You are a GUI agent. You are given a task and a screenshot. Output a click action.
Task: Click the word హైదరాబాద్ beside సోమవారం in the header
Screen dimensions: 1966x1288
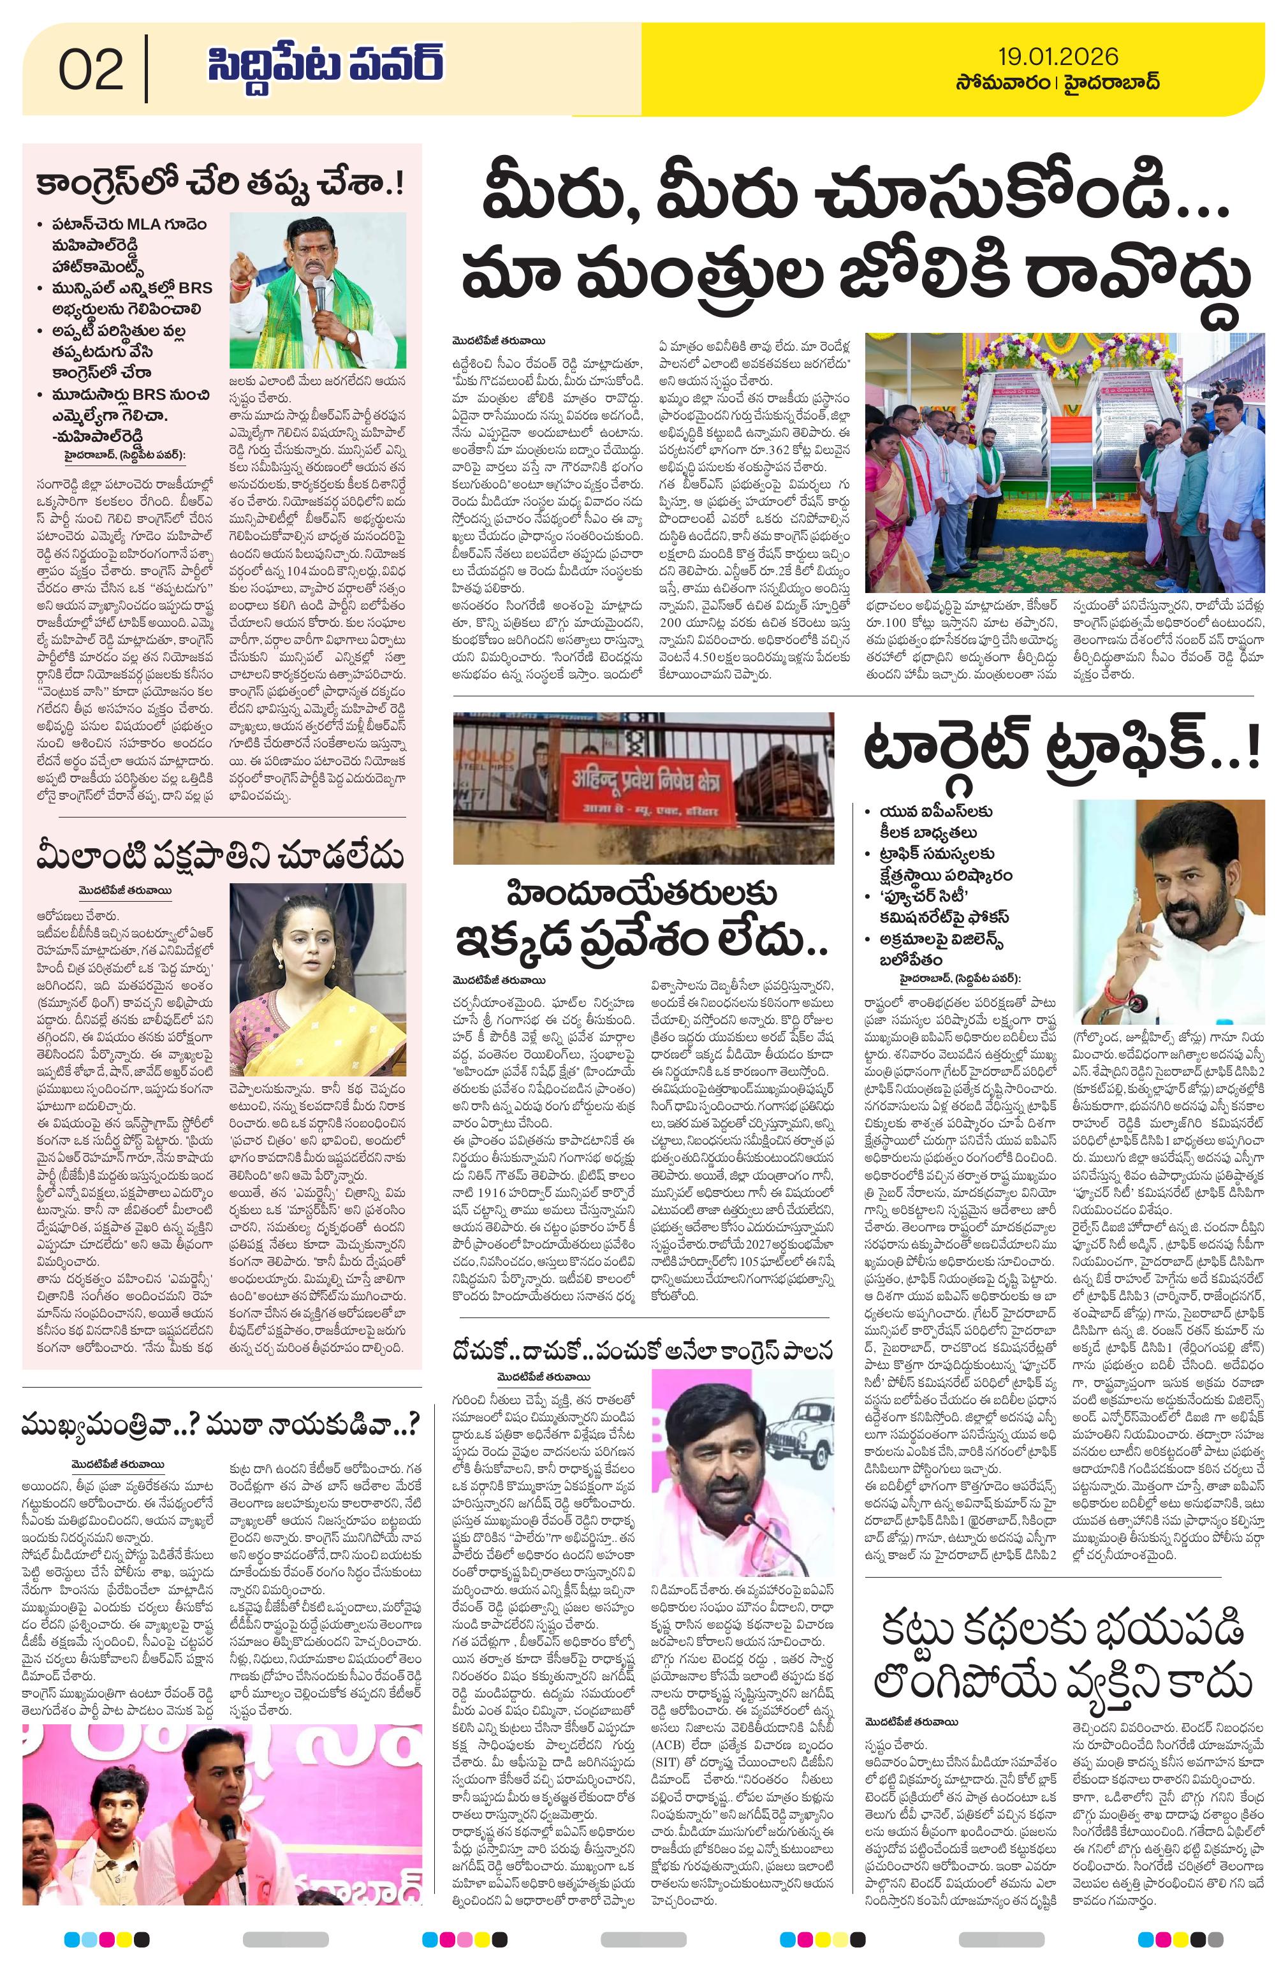coord(1111,84)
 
